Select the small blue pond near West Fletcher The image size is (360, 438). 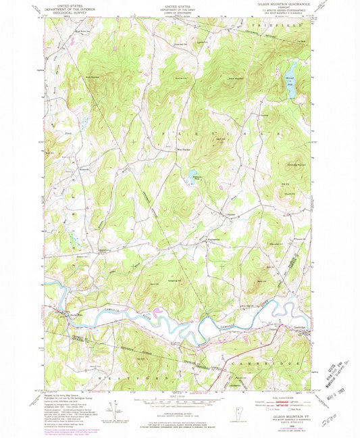[193, 173]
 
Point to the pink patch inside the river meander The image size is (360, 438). [158, 311]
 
